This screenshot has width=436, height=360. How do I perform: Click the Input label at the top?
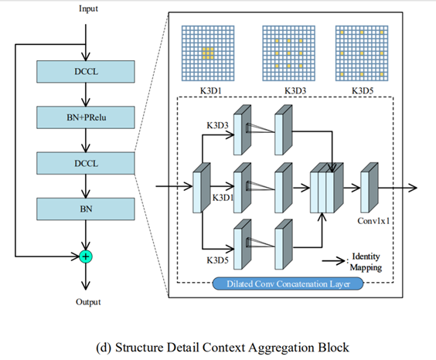[x=89, y=8]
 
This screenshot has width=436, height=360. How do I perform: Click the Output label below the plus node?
[x=87, y=302]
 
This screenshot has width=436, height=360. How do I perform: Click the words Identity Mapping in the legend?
[x=366, y=261]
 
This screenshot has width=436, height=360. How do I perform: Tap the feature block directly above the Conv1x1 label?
[x=370, y=185]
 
